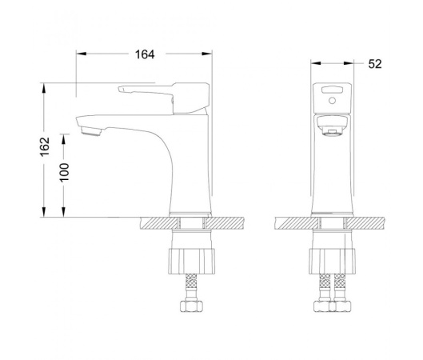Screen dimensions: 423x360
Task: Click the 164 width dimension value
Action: tap(145, 54)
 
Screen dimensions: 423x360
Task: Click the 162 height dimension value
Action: tap(45, 146)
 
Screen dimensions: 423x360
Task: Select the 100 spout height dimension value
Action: tap(65, 172)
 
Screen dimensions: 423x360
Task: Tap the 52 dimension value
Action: tap(375, 64)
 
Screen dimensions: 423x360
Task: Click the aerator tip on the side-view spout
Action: tap(91, 132)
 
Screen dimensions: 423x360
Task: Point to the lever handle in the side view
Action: tap(164, 98)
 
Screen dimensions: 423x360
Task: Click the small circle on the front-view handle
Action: tap(332, 101)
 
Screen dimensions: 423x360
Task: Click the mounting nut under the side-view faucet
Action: tap(192, 262)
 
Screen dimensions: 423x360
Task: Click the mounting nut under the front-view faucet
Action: tap(332, 262)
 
